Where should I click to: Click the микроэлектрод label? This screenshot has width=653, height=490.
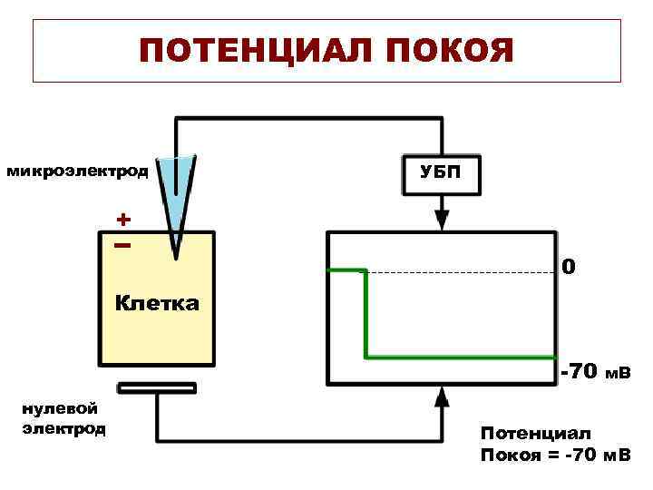[77, 171]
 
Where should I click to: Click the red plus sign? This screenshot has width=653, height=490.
[122, 220]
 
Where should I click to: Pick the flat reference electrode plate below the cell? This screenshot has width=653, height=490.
[157, 388]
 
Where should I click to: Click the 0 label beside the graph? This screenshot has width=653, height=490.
[567, 269]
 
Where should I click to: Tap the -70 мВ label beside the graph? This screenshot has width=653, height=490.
[595, 372]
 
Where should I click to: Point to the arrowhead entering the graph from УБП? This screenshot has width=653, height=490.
[441, 220]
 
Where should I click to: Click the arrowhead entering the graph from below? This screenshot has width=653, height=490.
[441, 397]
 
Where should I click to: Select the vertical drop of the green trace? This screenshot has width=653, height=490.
[366, 313]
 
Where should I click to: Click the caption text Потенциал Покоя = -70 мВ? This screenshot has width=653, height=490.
[555, 444]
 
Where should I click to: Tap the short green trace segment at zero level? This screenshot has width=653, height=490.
[346, 270]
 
